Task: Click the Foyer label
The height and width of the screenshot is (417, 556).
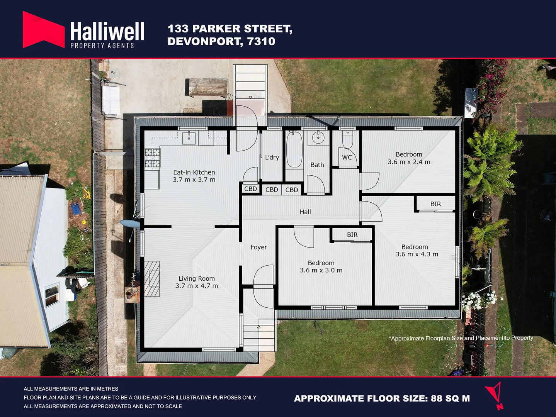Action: pyautogui.click(x=258, y=247)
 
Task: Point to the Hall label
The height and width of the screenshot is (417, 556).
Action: pyautogui.click(x=305, y=212)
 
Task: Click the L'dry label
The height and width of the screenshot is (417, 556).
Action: pyautogui.click(x=272, y=158)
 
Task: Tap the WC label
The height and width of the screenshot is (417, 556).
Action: pyautogui.click(x=347, y=158)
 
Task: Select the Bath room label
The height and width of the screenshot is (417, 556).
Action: pyautogui.click(x=317, y=165)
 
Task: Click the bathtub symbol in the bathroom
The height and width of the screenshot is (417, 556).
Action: pyautogui.click(x=294, y=149)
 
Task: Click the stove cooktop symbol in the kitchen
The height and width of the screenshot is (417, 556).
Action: pyautogui.click(x=152, y=158)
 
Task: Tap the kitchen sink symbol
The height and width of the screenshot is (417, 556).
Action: pyautogui.click(x=189, y=138)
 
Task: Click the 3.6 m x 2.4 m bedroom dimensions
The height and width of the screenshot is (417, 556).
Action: pyautogui.click(x=409, y=162)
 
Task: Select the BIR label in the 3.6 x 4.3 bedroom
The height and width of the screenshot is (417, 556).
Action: pyautogui.click(x=435, y=204)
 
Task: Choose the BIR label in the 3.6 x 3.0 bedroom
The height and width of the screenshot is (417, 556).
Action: pyautogui.click(x=352, y=235)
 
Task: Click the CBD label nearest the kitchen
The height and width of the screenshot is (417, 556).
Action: pyautogui.click(x=250, y=189)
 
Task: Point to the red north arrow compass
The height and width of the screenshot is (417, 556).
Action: pyautogui.click(x=495, y=395)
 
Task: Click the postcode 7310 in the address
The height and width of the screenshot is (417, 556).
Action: pyautogui.click(x=261, y=41)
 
